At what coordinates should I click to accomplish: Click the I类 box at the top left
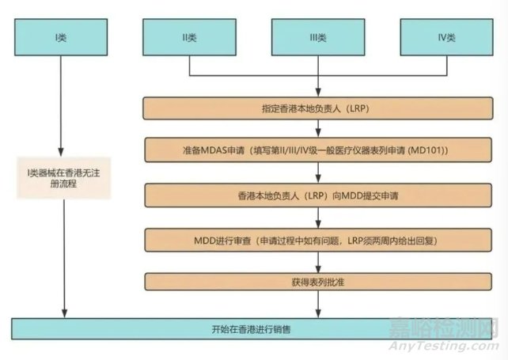[61, 37]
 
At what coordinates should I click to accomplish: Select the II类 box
[189, 37]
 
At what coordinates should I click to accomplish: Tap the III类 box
[318, 37]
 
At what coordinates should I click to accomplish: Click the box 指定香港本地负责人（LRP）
[318, 106]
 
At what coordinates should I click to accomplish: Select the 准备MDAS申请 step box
[318, 150]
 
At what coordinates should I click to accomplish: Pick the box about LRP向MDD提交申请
[318, 194]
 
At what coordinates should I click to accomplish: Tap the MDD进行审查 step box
[318, 238]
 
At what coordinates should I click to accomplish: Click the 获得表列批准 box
[318, 282]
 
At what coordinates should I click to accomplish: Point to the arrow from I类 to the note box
[61, 103]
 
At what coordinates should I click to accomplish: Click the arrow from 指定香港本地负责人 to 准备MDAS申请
[318, 128]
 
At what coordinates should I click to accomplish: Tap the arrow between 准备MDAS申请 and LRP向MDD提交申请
[318, 172]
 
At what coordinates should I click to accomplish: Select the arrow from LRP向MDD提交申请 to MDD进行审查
[318, 216]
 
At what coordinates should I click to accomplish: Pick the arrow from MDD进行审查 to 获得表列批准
[318, 260]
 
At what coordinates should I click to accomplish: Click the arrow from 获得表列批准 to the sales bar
[318, 305]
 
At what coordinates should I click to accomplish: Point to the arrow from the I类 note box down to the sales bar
[61, 261]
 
